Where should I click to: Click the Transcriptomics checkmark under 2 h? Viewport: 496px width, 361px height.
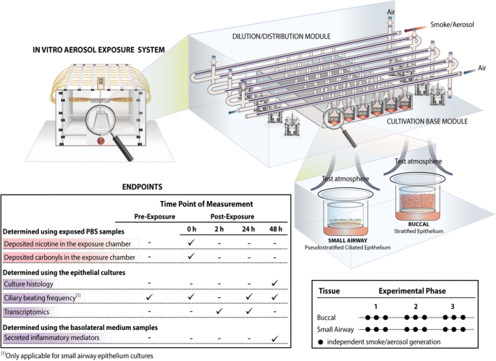(219, 310)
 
